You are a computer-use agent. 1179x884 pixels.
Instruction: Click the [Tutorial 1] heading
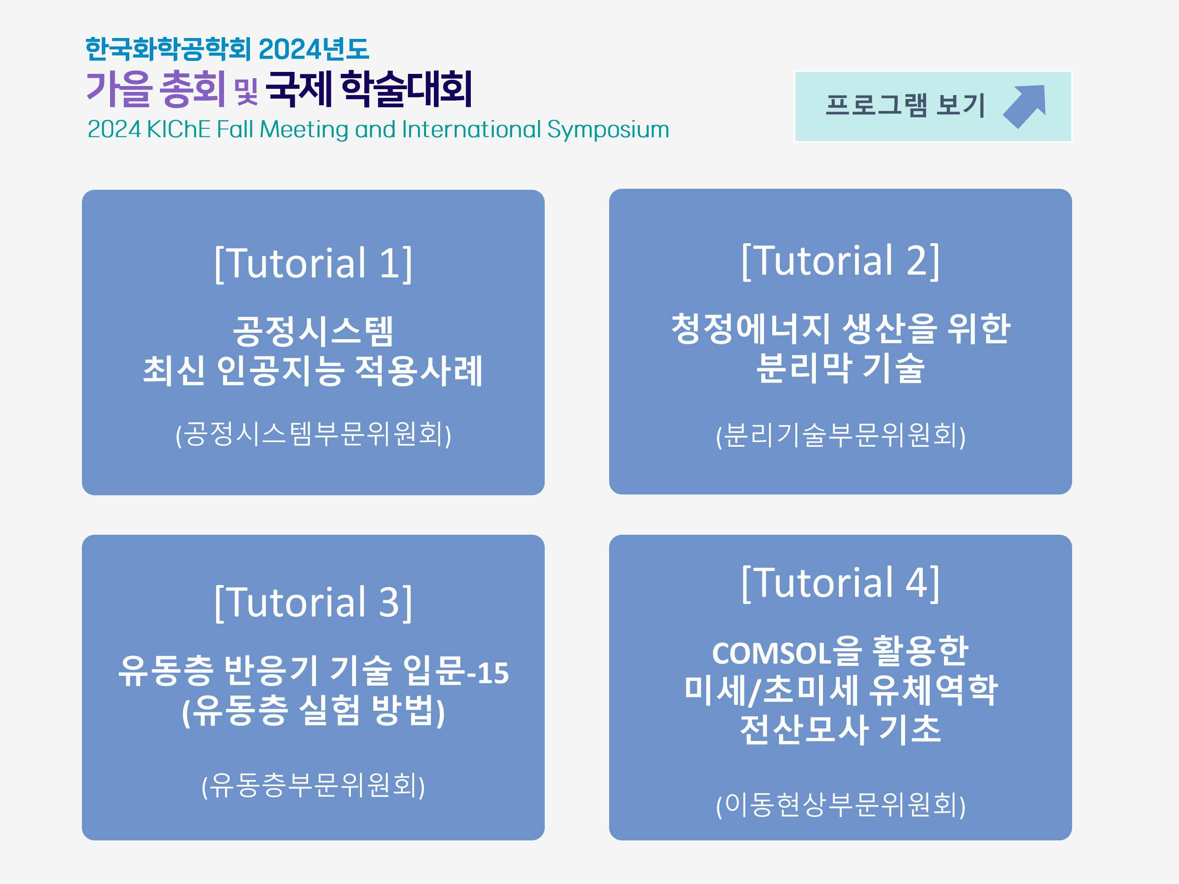pos(313,263)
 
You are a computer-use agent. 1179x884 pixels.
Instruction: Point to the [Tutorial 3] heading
pos(313,602)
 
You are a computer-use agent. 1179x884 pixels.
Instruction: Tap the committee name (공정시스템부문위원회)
pos(313,434)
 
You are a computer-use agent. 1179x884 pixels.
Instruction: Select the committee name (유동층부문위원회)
pos(313,785)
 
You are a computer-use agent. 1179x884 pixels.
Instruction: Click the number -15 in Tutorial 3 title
pos(488,673)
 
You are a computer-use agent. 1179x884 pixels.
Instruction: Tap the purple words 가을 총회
pos(156,88)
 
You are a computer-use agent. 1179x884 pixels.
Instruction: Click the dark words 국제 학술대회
pos(369,88)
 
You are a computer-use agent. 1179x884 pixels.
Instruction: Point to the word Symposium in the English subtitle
pos(608,130)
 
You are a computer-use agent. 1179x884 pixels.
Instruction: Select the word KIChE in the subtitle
pos(178,130)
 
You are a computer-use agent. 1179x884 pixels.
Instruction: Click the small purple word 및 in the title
pos(246,92)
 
